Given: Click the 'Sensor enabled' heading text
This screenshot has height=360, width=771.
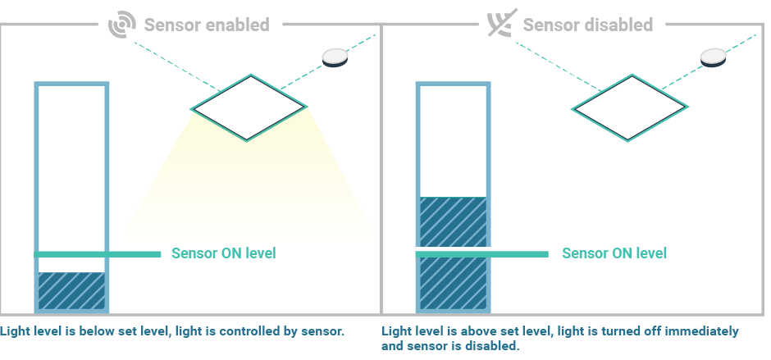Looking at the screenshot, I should point(207,25).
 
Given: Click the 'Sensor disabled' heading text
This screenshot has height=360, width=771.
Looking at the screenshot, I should point(588,25).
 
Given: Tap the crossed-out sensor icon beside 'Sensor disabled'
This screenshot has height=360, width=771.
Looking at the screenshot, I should point(499,25).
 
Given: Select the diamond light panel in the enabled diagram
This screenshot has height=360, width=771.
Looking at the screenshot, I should point(249,107).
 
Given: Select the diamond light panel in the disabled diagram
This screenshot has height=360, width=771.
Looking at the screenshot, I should point(630,107).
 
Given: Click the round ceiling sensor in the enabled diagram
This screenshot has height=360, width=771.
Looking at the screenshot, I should point(335,56).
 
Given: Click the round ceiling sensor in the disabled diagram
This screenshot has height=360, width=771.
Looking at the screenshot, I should point(714,56).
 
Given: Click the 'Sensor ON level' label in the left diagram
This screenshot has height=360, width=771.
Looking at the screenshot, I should point(223,253).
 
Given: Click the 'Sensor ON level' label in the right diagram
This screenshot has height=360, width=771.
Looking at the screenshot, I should point(614,253).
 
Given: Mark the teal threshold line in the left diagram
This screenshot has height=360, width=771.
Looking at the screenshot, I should point(98,254).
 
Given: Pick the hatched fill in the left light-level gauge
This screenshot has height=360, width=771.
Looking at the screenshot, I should point(72,291).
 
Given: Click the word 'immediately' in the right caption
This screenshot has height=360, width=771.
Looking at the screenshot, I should point(705,332).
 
